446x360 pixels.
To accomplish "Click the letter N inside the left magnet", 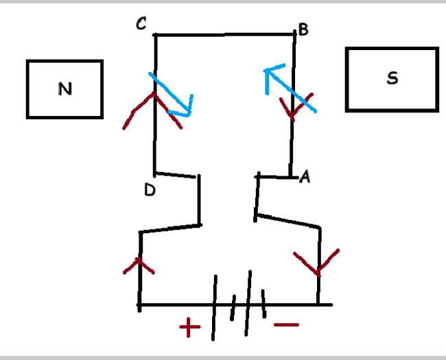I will (64, 88).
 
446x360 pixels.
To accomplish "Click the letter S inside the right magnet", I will (392, 78).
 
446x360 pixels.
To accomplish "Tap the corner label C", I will (141, 25).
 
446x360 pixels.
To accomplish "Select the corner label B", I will (303, 31).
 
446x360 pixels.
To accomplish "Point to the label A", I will (305, 178).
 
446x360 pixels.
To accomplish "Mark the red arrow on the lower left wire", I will (139, 266).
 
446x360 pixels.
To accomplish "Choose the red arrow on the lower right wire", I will (317, 264).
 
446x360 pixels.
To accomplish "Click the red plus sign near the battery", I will (190, 328).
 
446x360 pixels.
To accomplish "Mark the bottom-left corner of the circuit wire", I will (139, 304).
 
